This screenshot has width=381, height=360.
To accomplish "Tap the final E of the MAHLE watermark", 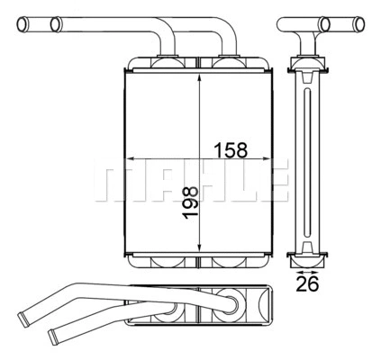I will point(274,181).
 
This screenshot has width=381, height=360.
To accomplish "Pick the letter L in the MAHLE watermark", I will point(240,181).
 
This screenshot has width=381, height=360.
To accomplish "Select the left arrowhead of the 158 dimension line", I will point(125,159).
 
